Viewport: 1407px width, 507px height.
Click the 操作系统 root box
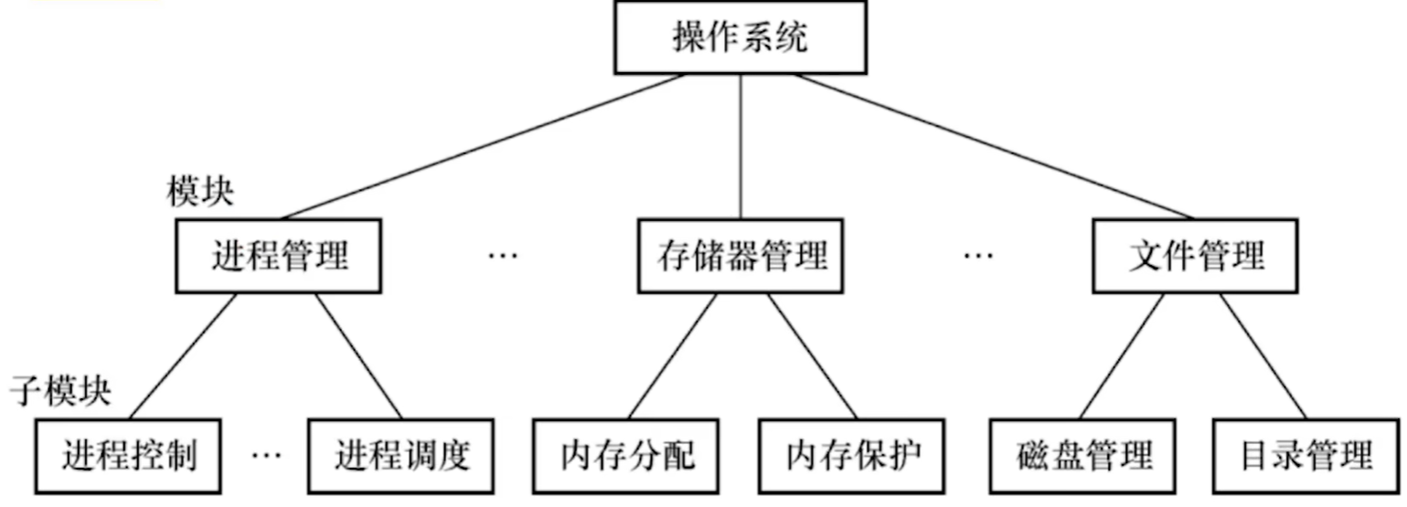coord(740,38)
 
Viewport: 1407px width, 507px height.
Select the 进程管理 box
coord(279,256)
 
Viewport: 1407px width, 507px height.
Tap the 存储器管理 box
coord(741,256)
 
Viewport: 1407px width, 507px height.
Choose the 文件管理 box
coord(1196,256)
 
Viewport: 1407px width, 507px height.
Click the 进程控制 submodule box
coord(130,455)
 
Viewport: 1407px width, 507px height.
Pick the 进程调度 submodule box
coord(401,455)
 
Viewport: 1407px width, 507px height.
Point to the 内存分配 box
coord(627,455)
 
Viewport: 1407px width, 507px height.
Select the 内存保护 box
coord(853,455)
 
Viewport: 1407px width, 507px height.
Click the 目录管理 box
coord(1307,455)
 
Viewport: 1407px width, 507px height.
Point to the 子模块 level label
coord(60,392)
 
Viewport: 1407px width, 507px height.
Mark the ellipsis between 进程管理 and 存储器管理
coord(503,256)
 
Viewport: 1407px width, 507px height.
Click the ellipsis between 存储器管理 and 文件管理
coord(978,256)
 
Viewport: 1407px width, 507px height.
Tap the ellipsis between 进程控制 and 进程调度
coord(266,454)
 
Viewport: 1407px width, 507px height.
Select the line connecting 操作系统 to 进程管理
coord(483,146)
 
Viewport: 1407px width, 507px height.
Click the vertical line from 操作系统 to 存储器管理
coord(741,146)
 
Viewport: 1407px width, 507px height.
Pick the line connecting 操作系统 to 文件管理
coord(992,146)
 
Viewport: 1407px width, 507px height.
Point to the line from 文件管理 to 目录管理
coord(1263,356)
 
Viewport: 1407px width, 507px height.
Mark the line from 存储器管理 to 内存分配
coord(673,356)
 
